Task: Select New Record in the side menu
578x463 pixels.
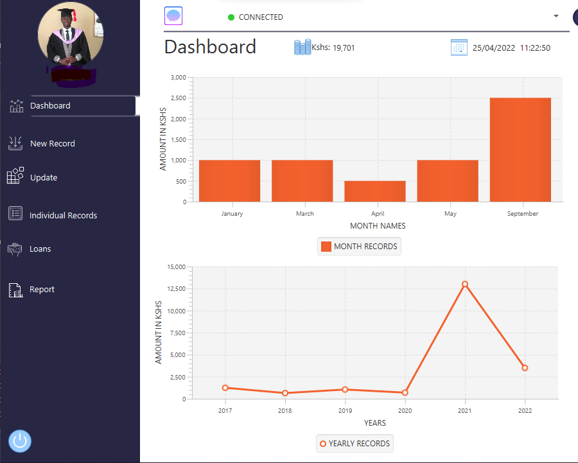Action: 52,144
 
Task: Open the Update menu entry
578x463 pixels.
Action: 43,178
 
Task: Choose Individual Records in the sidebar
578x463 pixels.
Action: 63,216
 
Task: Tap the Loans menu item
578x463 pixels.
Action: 40,249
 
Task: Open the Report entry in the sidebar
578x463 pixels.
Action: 42,290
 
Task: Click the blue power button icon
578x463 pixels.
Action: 20,441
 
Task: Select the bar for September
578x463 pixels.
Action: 520,150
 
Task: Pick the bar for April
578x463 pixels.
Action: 375,191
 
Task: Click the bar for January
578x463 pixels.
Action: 230,180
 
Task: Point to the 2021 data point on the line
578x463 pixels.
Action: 465,284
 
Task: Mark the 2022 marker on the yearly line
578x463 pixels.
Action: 525,368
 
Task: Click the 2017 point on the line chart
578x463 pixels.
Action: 225,388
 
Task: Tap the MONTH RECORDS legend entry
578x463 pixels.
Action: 359,247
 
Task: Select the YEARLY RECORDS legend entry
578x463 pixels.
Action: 355,444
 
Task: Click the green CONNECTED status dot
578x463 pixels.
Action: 231,17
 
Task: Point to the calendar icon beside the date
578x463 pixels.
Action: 459,48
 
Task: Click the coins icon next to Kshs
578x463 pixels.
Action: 302,47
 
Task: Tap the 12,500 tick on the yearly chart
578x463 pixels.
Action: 176,289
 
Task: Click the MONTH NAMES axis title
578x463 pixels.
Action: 378,226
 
